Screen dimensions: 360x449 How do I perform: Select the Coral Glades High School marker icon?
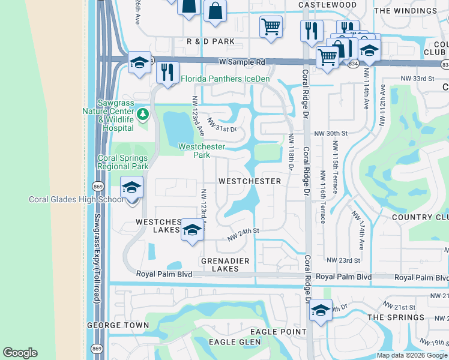point(131,187)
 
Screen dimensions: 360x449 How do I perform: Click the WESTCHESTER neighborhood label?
point(250,181)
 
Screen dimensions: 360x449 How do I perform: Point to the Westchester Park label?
point(202,151)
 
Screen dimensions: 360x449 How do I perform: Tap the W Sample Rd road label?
point(242,62)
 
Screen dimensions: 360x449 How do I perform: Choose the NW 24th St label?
point(243,233)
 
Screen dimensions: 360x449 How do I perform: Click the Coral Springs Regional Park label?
point(122,162)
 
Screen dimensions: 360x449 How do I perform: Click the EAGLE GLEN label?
point(235,342)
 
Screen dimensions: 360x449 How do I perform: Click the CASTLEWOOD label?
point(328,5)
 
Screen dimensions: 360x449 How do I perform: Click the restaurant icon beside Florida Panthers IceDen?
point(167,72)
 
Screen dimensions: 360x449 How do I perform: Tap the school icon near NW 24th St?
point(192,230)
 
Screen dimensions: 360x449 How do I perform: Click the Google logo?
point(20,353)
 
